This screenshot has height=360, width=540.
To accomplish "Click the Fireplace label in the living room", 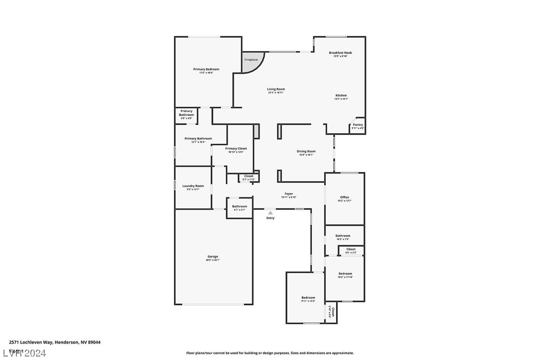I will (x=251, y=60).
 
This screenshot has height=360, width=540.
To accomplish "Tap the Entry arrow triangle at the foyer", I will (x=270, y=213).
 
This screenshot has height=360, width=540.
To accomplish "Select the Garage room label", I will (x=213, y=257).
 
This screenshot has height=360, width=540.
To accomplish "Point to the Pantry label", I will (x=358, y=125).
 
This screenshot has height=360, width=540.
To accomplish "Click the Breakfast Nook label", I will (x=341, y=53).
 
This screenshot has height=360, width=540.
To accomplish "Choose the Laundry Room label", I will (x=193, y=186).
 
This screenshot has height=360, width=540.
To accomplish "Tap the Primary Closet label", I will (x=236, y=149).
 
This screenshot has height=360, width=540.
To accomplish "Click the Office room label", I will (x=345, y=197).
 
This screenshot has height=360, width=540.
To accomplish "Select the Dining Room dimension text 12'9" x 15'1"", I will (x=306, y=155).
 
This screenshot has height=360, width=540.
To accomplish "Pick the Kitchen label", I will (x=341, y=95).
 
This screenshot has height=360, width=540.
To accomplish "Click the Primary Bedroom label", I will (x=206, y=69).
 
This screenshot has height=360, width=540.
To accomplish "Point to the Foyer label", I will (x=289, y=194).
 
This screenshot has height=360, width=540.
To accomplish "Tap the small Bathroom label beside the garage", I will (x=240, y=206).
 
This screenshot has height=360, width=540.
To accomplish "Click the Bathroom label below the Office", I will (x=343, y=236).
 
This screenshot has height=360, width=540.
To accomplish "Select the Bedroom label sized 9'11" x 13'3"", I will (x=308, y=298).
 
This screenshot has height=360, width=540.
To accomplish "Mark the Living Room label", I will (x=276, y=89).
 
